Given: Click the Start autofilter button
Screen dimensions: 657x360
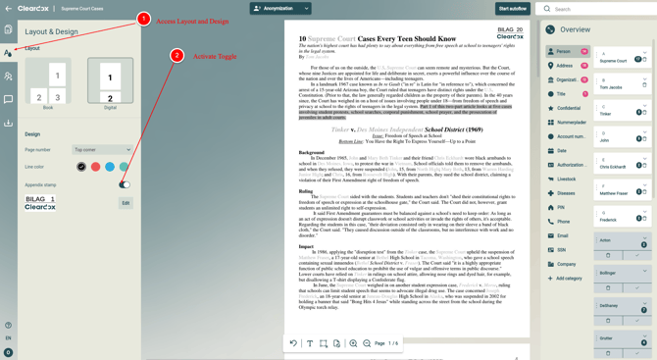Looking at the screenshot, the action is [512, 9].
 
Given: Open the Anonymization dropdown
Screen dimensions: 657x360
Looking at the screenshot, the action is [280, 9].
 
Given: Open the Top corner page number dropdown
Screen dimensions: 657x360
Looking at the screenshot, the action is [102, 150].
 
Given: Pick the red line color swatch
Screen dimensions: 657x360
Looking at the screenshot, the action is [95, 167].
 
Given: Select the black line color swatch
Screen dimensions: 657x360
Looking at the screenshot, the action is [81, 167].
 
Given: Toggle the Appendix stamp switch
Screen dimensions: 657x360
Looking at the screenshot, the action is [125, 184].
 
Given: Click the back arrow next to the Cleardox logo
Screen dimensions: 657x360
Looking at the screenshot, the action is [8, 9].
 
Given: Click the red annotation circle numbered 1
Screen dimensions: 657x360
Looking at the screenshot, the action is [143, 20].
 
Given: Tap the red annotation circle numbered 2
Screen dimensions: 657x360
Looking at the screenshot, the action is [177, 56].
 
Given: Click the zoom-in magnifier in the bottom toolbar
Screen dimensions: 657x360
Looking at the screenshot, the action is [353, 343].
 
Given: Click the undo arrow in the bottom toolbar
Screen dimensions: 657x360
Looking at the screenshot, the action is [293, 343].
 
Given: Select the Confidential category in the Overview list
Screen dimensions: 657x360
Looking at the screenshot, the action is [568, 108].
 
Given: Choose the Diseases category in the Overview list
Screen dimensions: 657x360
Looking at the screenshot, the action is [566, 193].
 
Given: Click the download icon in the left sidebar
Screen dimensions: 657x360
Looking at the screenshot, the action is [8, 124].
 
